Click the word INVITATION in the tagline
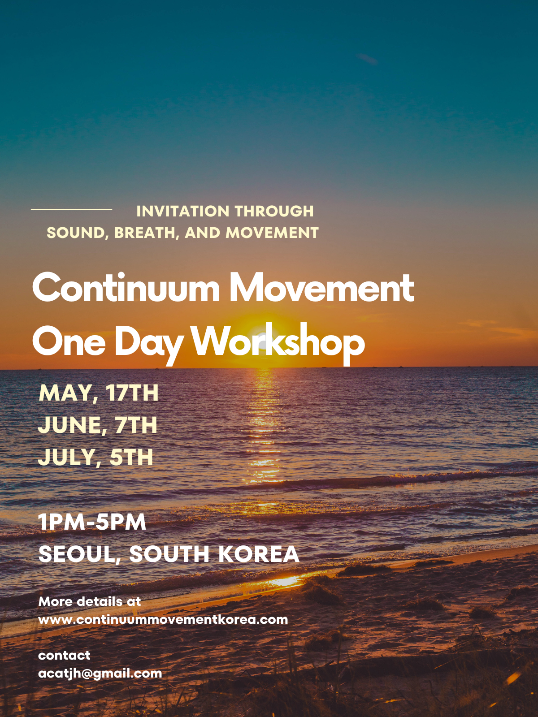183,211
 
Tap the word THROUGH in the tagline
274,211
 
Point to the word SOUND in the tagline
77,233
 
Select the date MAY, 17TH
99,393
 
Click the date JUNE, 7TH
98,425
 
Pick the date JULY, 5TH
95,458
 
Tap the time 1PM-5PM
92,522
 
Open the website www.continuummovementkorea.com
163,620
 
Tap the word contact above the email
65,655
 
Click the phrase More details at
90,601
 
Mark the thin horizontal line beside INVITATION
72,210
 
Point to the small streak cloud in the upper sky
368,59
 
